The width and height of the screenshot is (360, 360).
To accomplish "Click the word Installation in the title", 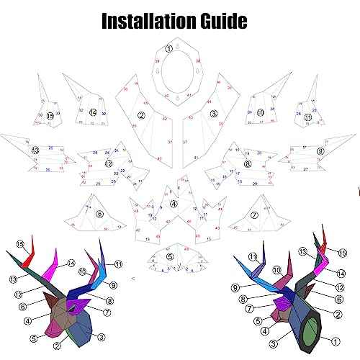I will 144,20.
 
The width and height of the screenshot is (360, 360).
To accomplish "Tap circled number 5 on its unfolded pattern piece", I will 170,256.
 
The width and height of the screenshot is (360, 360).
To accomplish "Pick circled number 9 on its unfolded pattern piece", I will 320,151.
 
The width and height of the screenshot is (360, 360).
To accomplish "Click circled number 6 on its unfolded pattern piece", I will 99,213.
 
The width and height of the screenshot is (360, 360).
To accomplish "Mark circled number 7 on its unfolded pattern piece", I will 254,215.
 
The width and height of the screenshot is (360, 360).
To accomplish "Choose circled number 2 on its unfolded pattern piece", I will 141,115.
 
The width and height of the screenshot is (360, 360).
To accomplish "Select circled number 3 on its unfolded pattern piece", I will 214,114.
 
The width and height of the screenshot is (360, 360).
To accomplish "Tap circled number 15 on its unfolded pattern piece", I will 50,115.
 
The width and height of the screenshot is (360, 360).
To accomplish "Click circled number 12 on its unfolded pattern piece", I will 109,163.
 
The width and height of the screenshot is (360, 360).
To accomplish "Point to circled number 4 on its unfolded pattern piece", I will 174,204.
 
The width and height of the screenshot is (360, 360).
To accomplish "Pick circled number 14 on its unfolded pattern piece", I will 93,112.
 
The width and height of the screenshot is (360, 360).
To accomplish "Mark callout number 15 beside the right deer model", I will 343,253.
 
